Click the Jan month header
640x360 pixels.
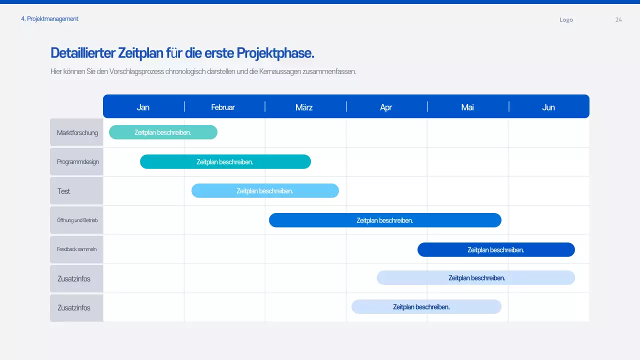click(143, 107)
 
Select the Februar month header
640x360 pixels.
click(223, 107)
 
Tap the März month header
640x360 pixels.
click(304, 107)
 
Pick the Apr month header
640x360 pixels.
click(386, 107)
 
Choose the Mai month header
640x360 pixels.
click(467, 107)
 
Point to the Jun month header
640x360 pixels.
click(548, 107)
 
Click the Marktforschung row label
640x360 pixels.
click(77, 132)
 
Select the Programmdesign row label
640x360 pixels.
click(77, 161)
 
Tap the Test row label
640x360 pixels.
click(64, 191)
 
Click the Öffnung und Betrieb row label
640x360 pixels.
click(77, 220)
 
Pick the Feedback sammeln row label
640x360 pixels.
click(76, 249)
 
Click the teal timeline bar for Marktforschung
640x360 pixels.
click(163, 132)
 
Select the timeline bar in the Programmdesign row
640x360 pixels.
click(225, 161)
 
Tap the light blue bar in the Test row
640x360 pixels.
click(265, 190)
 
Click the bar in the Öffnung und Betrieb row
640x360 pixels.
click(385, 220)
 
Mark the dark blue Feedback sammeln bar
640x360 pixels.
click(496, 249)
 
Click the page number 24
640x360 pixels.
click(618, 19)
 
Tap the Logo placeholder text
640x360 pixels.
click(566, 19)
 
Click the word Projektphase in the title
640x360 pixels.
click(275, 52)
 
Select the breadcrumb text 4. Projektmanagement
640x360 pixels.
click(49, 18)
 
